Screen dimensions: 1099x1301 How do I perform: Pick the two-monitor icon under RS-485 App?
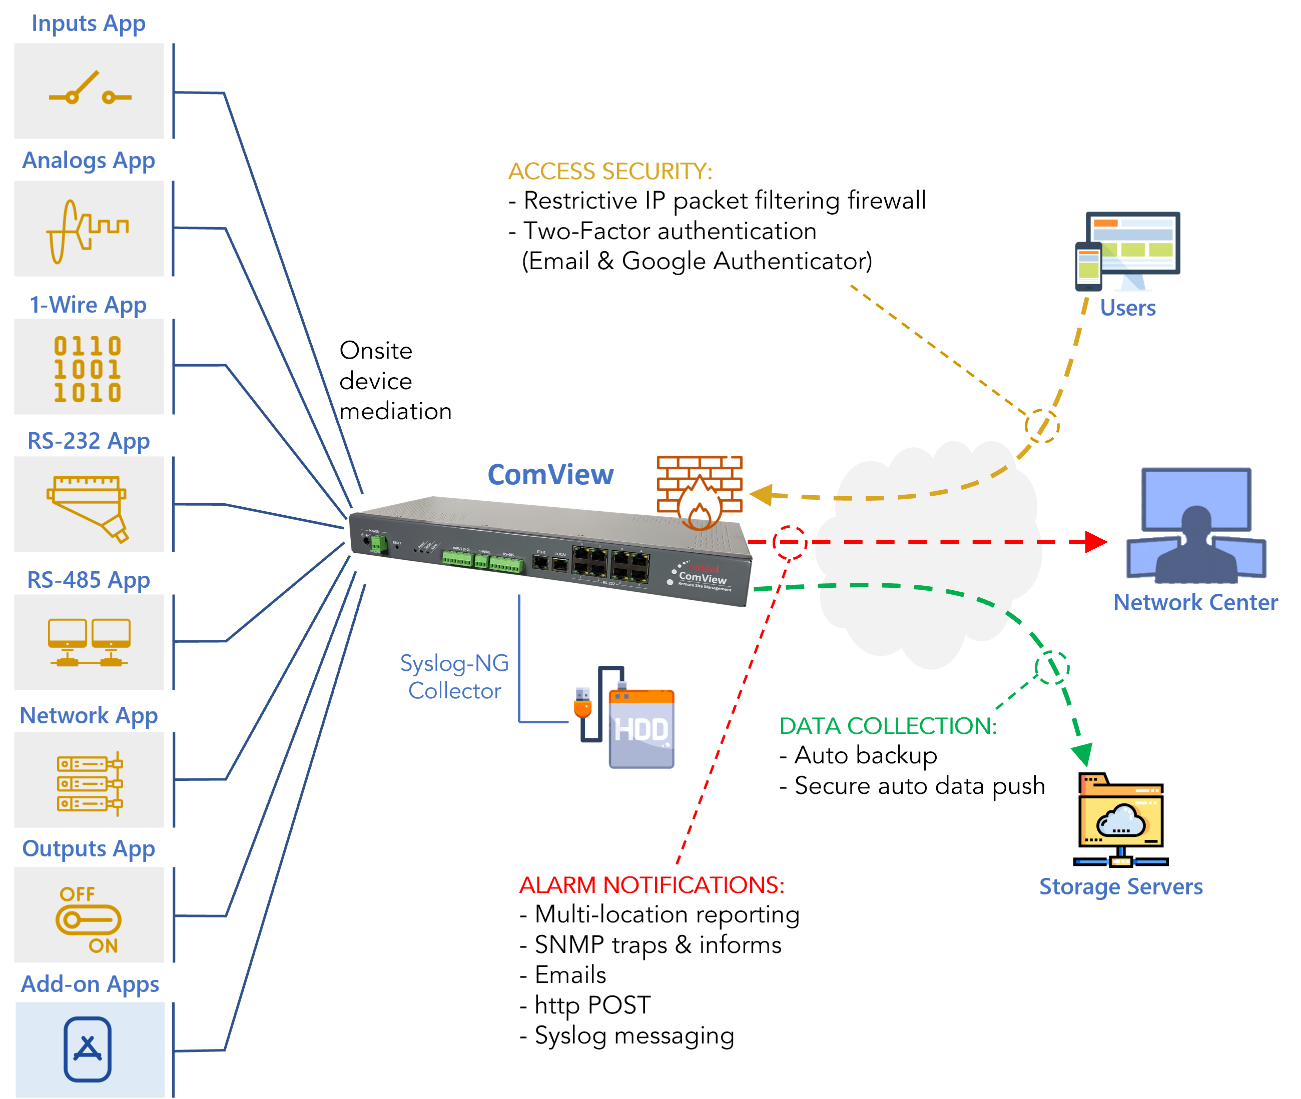click(x=89, y=642)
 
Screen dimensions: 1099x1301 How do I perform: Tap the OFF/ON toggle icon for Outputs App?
click(x=89, y=919)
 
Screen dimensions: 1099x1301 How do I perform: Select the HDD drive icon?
click(x=641, y=728)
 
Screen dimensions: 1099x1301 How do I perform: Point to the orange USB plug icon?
click(x=582, y=703)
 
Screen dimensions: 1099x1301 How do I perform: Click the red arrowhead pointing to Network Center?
click(x=1094, y=541)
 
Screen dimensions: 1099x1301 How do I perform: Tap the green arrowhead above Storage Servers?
click(x=1082, y=753)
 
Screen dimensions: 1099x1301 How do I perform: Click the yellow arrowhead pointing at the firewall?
click(x=762, y=495)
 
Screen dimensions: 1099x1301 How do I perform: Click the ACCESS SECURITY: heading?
click(x=610, y=172)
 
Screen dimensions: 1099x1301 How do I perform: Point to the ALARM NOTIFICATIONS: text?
click(x=651, y=885)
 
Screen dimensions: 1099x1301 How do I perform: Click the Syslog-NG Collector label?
click(x=454, y=677)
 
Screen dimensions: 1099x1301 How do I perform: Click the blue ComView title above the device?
click(x=550, y=475)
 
